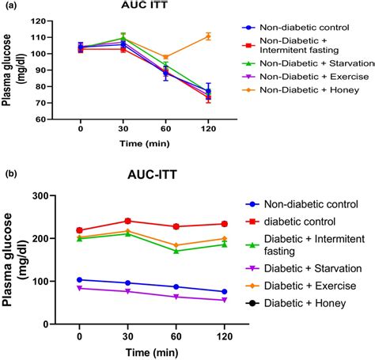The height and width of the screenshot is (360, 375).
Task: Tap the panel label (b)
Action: click(x=10, y=172)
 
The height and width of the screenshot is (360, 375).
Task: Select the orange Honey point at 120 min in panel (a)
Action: click(x=208, y=36)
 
